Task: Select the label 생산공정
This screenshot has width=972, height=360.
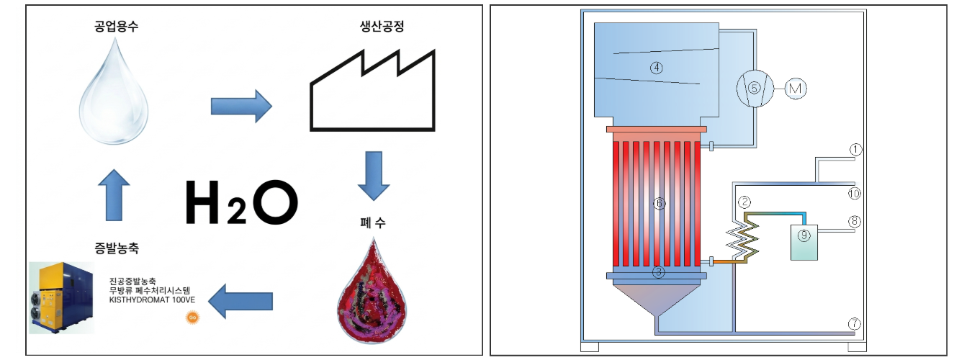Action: tap(369, 24)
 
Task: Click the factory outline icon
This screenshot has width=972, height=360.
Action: tap(372, 91)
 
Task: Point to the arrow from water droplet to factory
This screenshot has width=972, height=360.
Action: tap(240, 107)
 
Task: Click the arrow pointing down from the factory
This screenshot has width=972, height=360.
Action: tap(374, 175)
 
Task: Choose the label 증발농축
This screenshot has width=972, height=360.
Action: tap(112, 249)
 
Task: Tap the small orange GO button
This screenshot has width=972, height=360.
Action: tap(192, 318)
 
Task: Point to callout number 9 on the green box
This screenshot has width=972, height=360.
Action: tap(804, 234)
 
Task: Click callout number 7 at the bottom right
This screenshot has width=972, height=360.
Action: tap(855, 324)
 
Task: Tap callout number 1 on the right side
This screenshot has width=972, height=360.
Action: tap(855, 150)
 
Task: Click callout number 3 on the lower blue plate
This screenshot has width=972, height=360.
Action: tap(657, 272)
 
